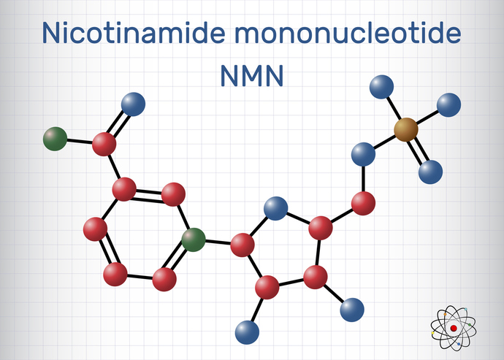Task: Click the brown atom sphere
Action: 406,131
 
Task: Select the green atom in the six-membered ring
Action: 194,239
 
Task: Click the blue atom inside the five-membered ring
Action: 275,208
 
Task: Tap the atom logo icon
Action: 454,328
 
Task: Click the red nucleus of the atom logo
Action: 454,329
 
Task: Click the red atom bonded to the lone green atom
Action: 105,143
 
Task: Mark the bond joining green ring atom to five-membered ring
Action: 218,242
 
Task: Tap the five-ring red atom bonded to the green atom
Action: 242,245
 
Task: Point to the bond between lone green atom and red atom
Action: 80,140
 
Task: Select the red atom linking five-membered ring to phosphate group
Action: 363,204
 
